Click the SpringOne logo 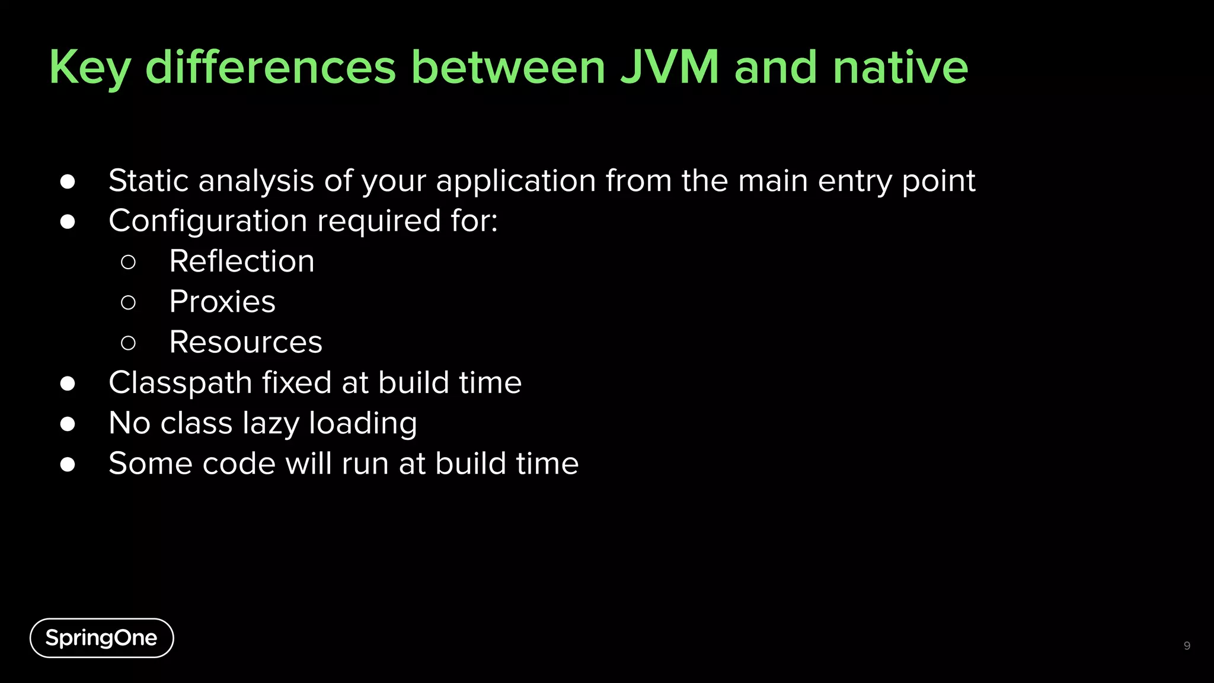(101, 638)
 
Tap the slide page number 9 (1187, 646)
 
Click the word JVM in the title (670, 67)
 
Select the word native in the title (900, 67)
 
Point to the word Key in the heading (90, 68)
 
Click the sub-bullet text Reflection (242, 261)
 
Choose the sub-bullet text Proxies (222, 302)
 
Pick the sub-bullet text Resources (246, 342)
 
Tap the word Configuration (208, 222)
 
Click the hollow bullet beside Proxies (128, 302)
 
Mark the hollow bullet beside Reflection (128, 262)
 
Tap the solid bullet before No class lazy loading (68, 424)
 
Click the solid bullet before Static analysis (68, 181)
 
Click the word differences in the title (270, 67)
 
